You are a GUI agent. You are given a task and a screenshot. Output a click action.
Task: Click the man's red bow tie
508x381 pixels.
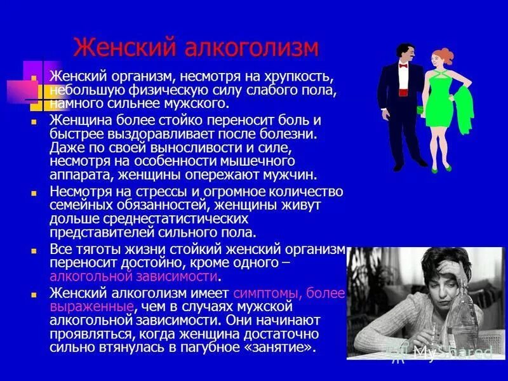(x=403, y=65)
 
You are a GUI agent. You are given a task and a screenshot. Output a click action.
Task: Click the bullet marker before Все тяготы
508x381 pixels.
(x=35, y=250)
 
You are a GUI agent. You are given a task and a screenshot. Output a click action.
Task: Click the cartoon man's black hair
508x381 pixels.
(x=404, y=48)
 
